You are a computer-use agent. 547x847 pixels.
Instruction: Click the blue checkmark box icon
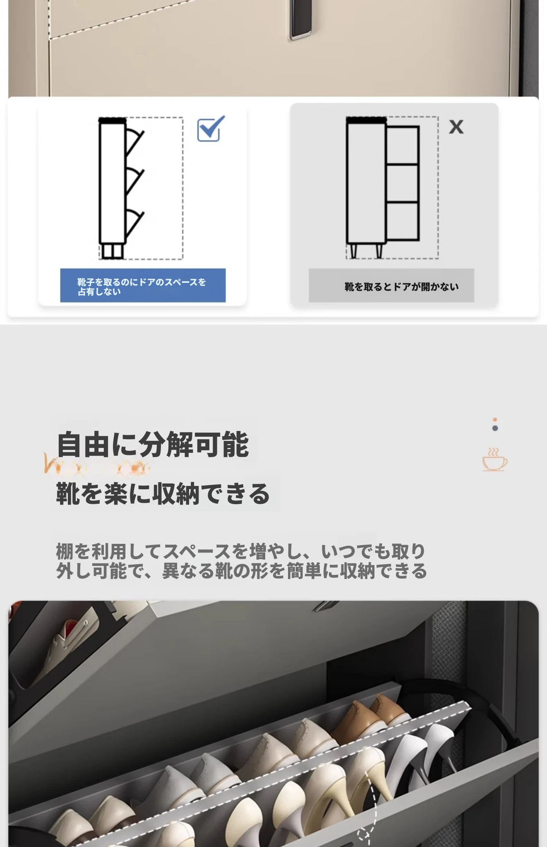click(211, 129)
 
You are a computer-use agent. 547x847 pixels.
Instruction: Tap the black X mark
click(456, 127)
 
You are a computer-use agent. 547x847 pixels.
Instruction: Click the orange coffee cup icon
click(494, 459)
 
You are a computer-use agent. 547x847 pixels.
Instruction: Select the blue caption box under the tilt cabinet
click(143, 285)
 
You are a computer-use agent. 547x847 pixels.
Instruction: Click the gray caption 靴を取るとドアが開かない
click(401, 287)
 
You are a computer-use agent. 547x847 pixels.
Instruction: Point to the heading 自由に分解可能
click(153, 445)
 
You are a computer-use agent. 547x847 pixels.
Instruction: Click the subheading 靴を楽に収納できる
click(163, 494)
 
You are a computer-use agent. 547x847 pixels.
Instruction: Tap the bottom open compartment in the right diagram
click(402, 221)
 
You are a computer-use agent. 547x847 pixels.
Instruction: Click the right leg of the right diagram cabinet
click(379, 251)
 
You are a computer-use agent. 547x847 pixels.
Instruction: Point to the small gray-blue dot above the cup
click(495, 428)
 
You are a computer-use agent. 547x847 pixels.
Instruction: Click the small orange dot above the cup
click(495, 420)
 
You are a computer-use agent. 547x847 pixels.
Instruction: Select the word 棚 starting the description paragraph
click(65, 552)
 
